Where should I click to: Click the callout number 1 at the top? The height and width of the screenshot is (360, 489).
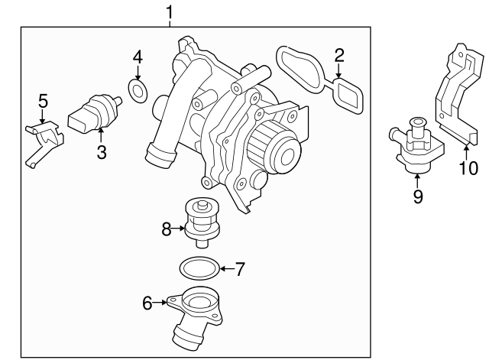coord(170,11)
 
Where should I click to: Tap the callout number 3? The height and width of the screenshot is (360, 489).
coord(102,152)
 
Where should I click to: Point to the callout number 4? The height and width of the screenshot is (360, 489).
coord(138,57)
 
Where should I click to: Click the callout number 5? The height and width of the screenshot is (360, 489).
coord(43,100)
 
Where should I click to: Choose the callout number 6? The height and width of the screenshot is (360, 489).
coord(147,303)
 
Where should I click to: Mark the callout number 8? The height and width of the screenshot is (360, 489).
coord(166,227)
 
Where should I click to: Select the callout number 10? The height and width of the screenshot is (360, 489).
coord(467,167)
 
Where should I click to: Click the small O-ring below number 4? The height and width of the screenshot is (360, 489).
coord(138,92)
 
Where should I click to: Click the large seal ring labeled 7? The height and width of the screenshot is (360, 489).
coord(198,268)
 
